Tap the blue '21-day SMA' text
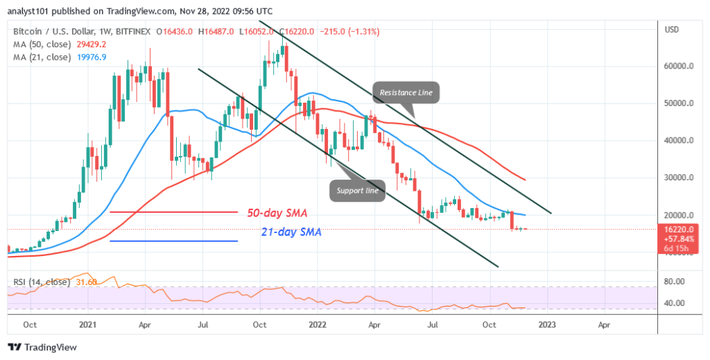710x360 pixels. coord(292,233)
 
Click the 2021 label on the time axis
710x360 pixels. coord(87,324)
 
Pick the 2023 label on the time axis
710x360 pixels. coord(546,324)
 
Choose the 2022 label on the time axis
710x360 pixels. coord(317,324)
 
